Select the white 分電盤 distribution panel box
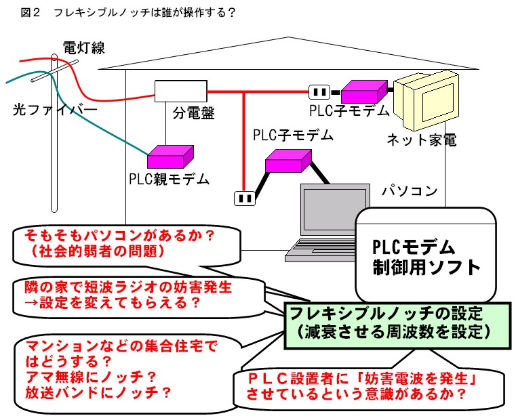pos(180,91)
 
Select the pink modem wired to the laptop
pos(287,161)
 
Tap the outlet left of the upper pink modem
pos(319,91)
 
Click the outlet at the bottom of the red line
pos(244,198)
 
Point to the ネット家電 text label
pos(421,140)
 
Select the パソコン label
pos(409,190)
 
